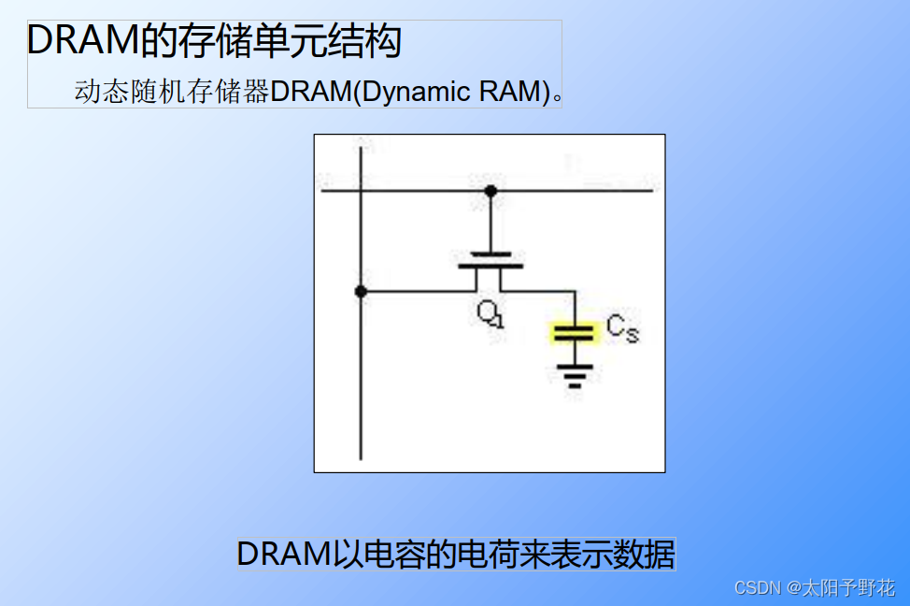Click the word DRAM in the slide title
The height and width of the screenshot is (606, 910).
[x=74, y=42]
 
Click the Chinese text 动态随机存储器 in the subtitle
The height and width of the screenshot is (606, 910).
[x=172, y=92]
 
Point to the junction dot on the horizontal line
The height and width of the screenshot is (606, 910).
[x=491, y=192]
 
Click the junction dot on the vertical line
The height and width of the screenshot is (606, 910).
[x=361, y=292]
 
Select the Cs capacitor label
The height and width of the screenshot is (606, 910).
[x=622, y=328]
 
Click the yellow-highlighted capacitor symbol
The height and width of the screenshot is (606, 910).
[x=574, y=332]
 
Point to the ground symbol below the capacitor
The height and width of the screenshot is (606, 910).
[x=575, y=375]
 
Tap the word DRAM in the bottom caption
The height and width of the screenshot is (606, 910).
[x=283, y=554]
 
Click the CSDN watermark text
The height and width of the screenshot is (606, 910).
[x=757, y=587]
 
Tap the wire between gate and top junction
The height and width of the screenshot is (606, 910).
[x=491, y=223]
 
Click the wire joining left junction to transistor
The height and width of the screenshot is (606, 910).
[x=416, y=292]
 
